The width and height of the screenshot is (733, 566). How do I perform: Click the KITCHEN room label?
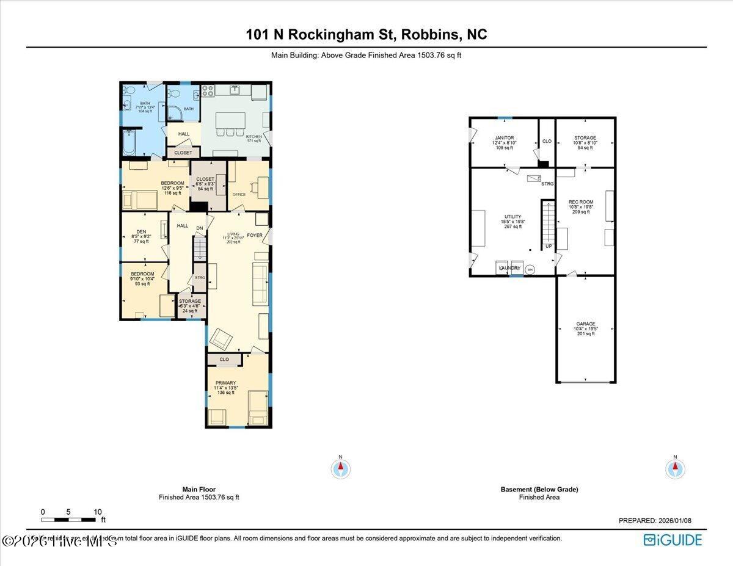(253, 137)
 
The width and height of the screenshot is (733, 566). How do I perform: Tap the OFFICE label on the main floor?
(239, 195)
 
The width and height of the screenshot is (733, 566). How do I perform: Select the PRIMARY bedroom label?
(225, 383)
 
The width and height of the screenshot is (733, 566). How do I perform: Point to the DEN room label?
(141, 231)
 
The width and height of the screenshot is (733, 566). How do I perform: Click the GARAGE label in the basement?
(585, 324)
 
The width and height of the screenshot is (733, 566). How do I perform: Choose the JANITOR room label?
(505, 138)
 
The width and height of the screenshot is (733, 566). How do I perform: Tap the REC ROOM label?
(580, 202)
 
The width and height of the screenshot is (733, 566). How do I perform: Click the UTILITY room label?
(512, 217)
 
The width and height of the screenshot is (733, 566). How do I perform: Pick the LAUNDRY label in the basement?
(510, 268)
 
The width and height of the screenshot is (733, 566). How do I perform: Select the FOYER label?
(255, 235)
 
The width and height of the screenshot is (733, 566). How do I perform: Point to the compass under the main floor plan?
(341, 469)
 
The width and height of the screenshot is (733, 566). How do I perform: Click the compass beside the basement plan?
(675, 469)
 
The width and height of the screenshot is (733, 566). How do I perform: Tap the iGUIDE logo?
(673, 540)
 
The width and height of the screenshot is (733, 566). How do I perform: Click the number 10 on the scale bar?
(98, 512)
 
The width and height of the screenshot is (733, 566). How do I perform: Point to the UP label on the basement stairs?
(548, 246)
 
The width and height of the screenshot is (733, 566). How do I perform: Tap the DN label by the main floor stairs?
(199, 228)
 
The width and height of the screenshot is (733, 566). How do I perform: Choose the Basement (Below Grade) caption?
(539, 489)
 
